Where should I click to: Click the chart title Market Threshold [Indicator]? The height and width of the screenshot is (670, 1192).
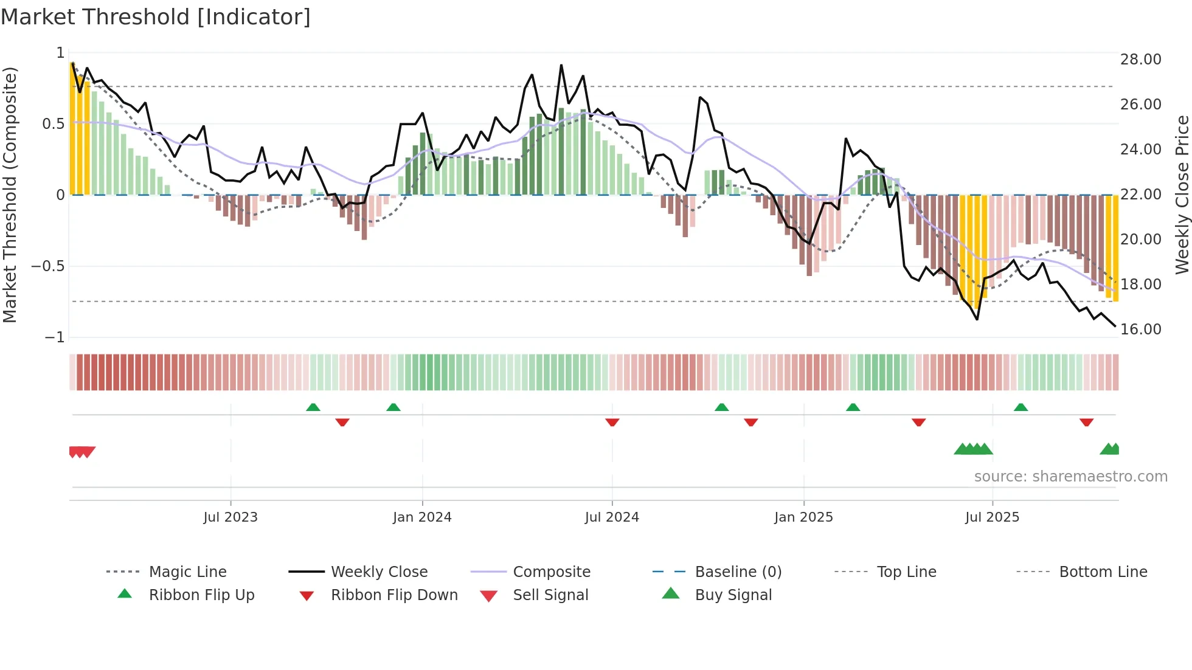[x=156, y=17]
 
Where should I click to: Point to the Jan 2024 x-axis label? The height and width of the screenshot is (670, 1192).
[x=422, y=517]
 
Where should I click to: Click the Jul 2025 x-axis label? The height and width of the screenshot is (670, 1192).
[x=992, y=517]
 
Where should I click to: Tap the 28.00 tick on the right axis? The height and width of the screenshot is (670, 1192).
[x=1140, y=59]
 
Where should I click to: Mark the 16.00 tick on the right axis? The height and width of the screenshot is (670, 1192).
[x=1140, y=329]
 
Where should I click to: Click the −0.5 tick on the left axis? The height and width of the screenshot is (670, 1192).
[x=48, y=266]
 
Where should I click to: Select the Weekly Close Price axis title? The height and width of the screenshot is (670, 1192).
[x=1182, y=195]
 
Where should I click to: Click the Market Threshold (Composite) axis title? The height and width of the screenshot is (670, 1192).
[x=10, y=195]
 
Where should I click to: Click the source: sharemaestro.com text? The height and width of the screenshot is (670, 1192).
[x=1070, y=476]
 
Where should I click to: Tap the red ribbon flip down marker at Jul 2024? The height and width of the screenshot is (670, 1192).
[x=612, y=422]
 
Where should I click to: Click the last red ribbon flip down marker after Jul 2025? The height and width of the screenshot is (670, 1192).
[x=1086, y=422]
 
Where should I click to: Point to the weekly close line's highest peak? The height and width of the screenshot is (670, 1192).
[x=561, y=65]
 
